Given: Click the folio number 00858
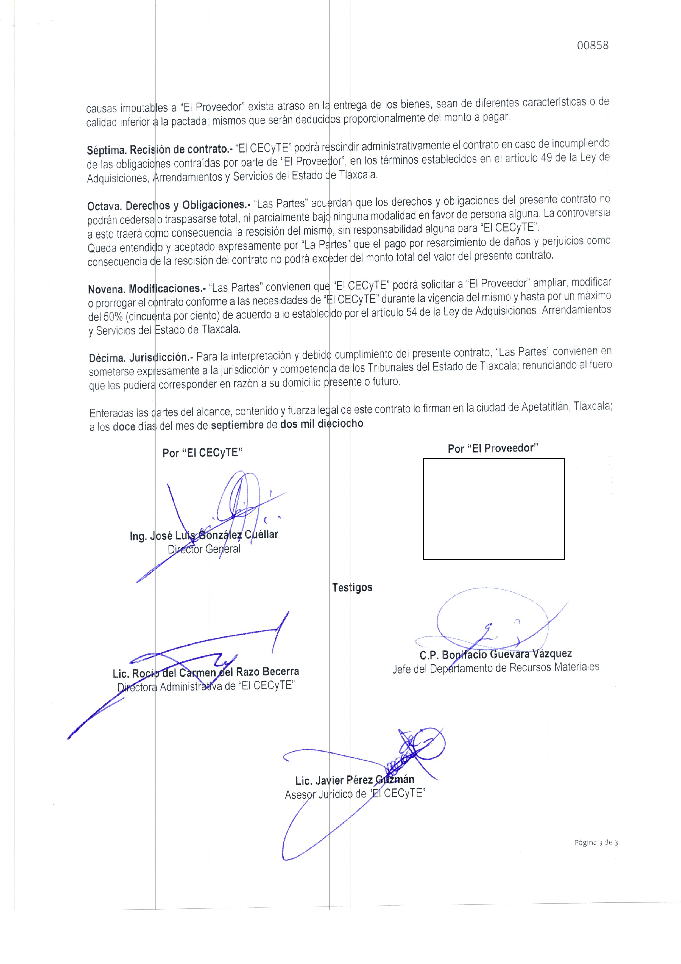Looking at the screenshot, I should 593,45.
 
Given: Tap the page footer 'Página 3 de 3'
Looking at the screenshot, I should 596,842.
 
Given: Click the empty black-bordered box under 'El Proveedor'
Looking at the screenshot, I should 493,509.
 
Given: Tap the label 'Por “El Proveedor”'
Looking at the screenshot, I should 493,448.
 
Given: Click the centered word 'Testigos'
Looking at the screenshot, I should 352,587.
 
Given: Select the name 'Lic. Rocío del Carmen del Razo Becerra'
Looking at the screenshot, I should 206,673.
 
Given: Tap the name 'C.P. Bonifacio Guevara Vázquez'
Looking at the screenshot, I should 496,654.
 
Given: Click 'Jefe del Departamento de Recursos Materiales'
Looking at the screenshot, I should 496,668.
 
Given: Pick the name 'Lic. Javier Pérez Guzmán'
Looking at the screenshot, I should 355,780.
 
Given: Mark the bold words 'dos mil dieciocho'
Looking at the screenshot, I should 322,424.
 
